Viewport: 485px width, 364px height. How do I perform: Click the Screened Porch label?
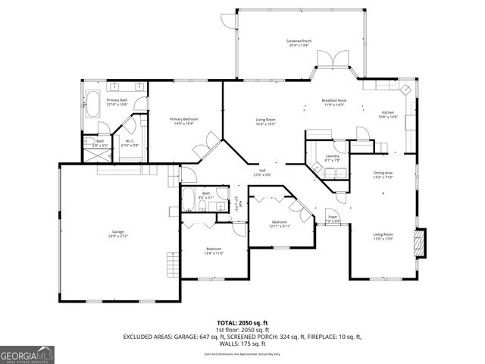pyautogui.click(x=299, y=42)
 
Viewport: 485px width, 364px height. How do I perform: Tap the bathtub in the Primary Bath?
pyautogui.click(x=93, y=103)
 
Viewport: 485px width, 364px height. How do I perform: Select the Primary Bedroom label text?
pyautogui.click(x=185, y=120)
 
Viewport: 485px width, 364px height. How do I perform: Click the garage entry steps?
pyautogui.click(x=172, y=265)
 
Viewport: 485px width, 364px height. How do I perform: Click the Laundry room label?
pyautogui.click(x=332, y=158)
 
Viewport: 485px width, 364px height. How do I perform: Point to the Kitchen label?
pyautogui.click(x=387, y=114)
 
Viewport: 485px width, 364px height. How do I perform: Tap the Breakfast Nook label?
pyautogui.click(x=333, y=102)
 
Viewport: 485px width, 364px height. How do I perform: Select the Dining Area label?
pyautogui.click(x=383, y=174)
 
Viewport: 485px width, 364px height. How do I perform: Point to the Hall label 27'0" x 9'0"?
pyautogui.click(x=262, y=173)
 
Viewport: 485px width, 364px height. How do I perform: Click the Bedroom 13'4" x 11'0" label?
pyautogui.click(x=213, y=251)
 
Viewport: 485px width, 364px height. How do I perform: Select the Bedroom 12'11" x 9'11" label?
pyautogui.click(x=279, y=224)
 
